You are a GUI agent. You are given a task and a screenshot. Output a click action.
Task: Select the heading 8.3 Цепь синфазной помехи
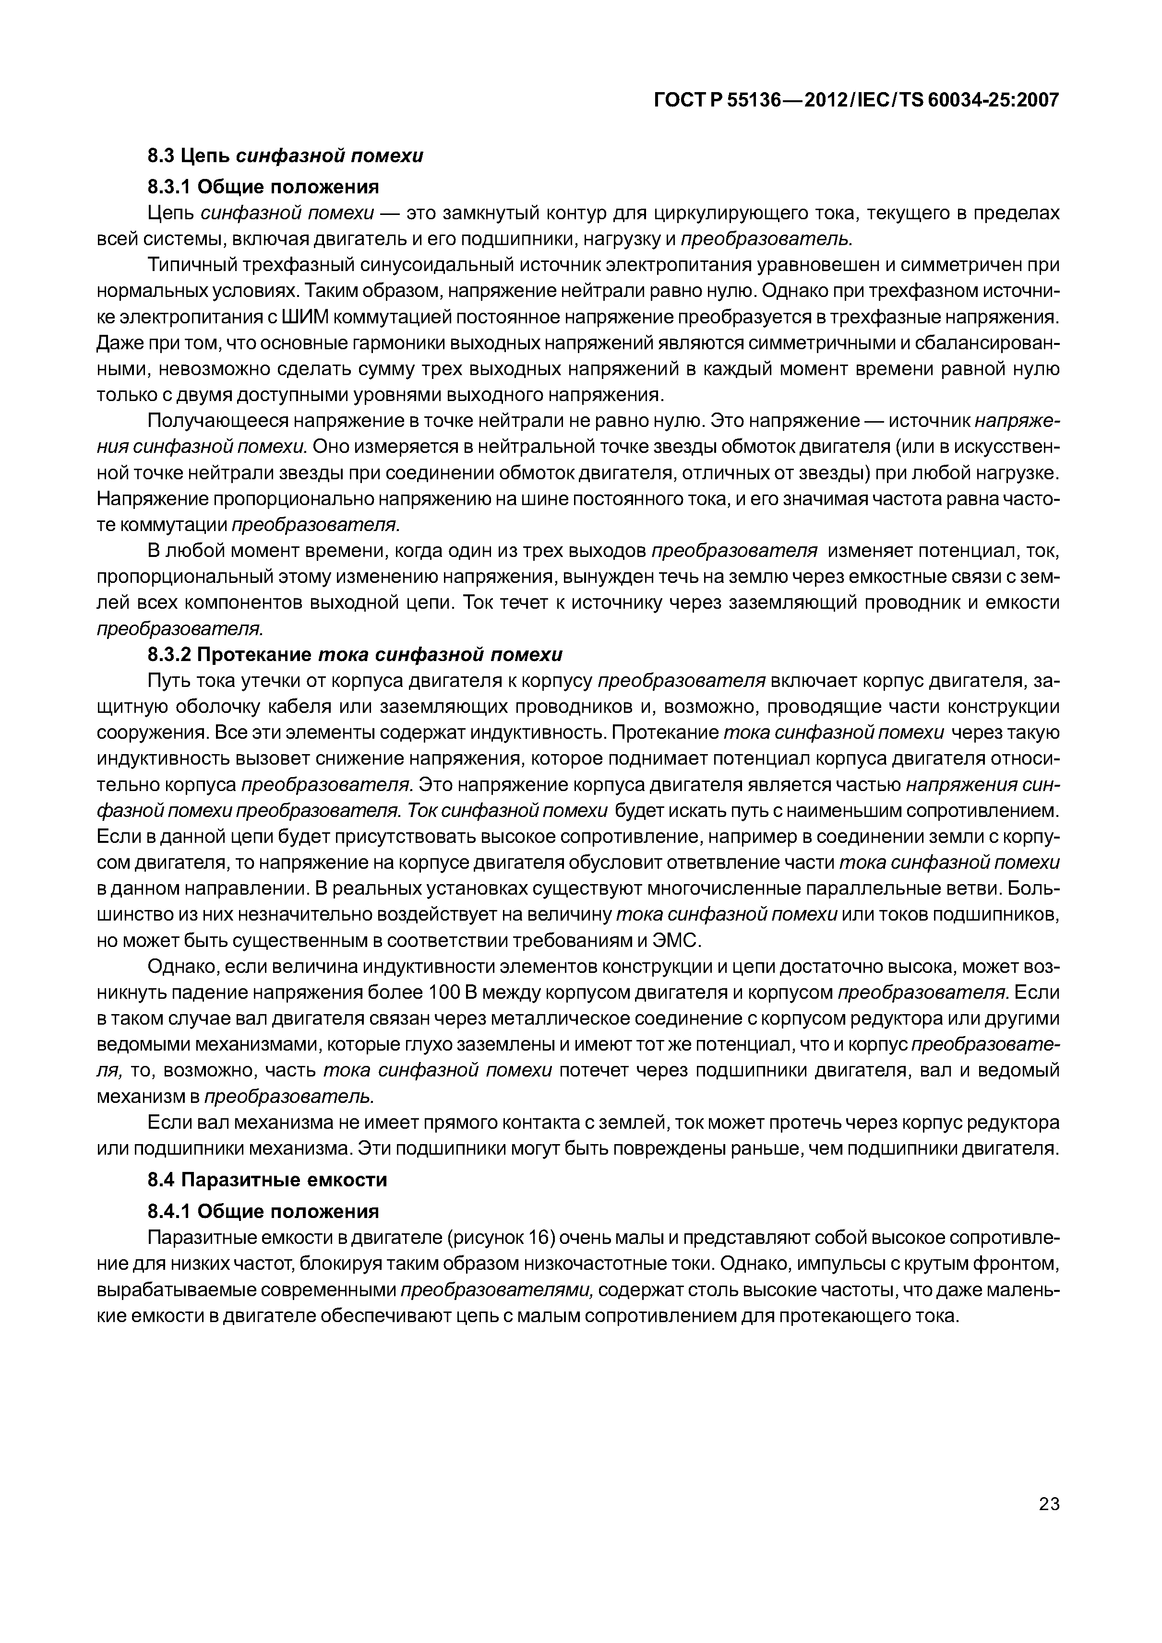pos(285,155)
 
